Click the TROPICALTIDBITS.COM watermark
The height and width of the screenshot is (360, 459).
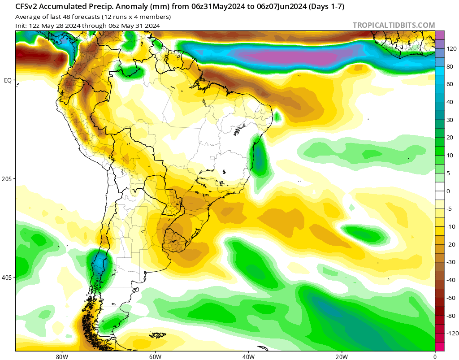[x=394, y=25]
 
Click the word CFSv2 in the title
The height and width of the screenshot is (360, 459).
[x=26, y=7]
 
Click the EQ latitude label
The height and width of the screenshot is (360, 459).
[x=8, y=81]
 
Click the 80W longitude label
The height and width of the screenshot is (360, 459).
[x=62, y=356]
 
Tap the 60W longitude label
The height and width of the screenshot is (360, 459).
[x=155, y=356]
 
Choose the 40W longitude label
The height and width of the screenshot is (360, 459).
[x=248, y=356]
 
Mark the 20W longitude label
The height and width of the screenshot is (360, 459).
[x=342, y=356]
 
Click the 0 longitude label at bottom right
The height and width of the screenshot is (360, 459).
[x=435, y=356]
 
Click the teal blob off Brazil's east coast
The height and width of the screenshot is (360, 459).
[x=260, y=159]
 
